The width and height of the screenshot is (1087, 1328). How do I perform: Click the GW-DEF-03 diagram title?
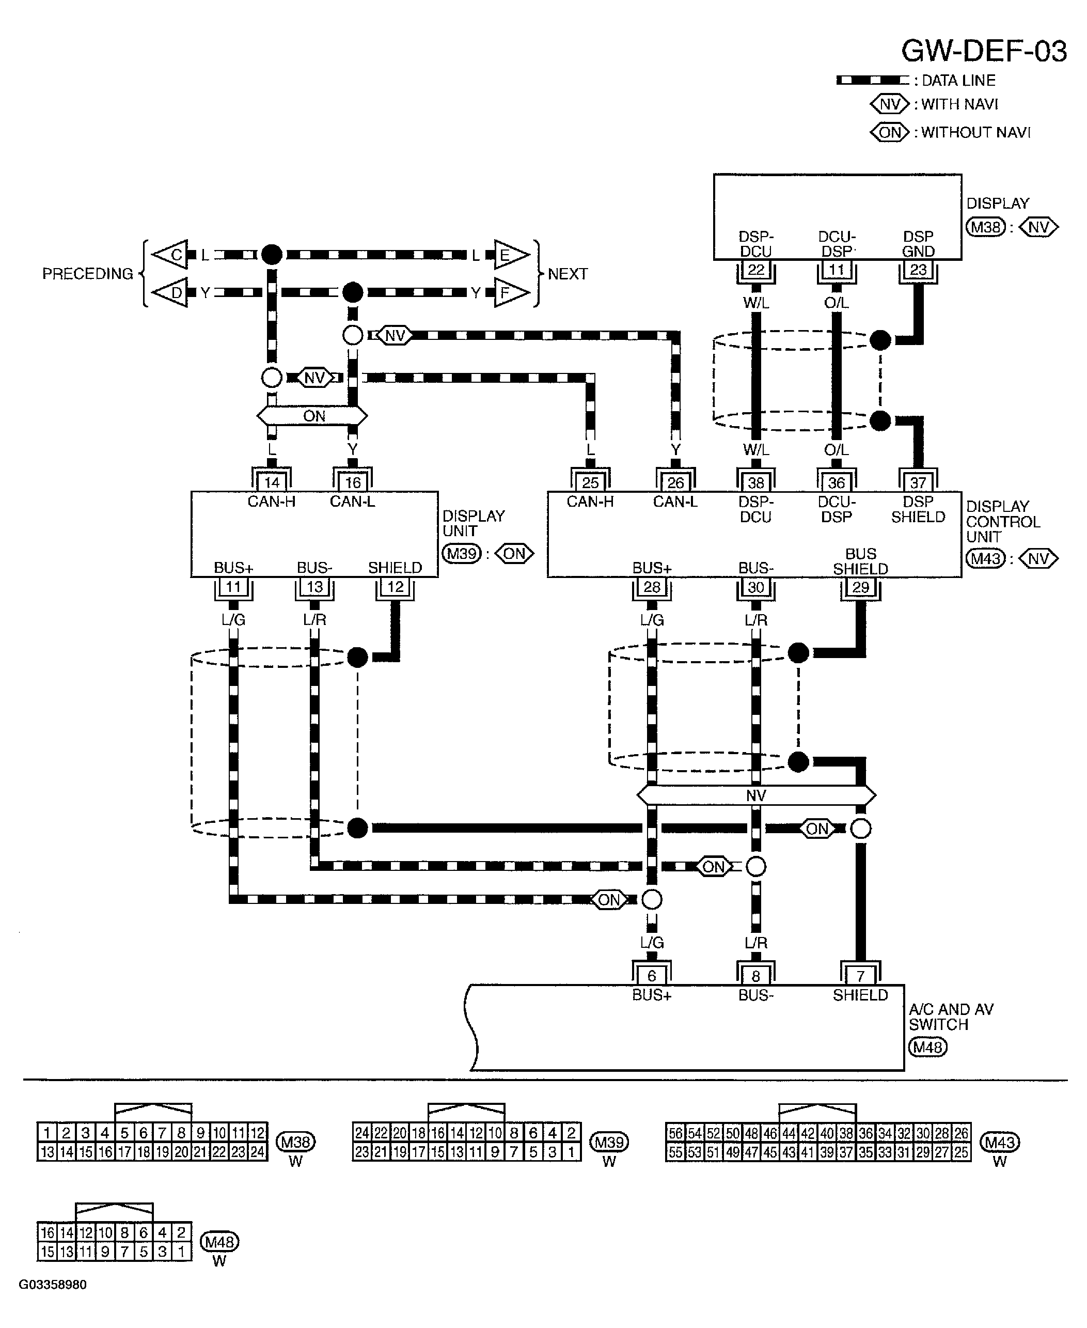(x=983, y=51)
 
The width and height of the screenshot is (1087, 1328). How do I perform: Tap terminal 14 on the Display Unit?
(x=271, y=482)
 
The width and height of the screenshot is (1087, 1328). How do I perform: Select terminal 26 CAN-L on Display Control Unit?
(x=675, y=482)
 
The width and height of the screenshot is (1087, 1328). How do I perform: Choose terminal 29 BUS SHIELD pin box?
(x=860, y=587)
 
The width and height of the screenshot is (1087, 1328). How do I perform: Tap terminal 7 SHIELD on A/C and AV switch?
(x=860, y=975)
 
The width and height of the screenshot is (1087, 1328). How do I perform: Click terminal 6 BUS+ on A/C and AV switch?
(x=651, y=975)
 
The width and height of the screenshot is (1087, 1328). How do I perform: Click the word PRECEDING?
(x=88, y=274)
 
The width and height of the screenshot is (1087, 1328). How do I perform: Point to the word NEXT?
(x=568, y=274)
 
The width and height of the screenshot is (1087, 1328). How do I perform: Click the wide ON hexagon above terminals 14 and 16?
(x=312, y=416)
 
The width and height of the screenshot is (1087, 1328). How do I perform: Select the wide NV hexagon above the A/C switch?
(x=756, y=795)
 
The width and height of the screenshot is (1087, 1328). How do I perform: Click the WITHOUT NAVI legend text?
(x=975, y=132)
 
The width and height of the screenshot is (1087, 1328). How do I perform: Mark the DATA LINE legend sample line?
(x=872, y=80)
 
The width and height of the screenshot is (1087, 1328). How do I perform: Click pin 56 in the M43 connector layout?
(x=675, y=1133)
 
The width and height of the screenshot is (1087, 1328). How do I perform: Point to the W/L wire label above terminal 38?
(x=756, y=450)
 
